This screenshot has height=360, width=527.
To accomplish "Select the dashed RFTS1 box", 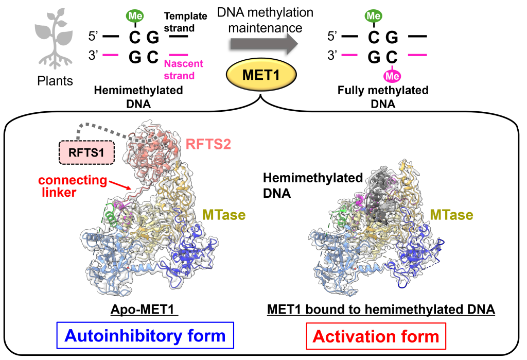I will pos(84,153).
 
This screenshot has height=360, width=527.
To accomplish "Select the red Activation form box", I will pos(376,337).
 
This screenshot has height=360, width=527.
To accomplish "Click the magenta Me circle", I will pos(392,76).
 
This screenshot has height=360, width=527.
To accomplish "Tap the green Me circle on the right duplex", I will pos(372,15).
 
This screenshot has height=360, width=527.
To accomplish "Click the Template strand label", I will pos(185,21).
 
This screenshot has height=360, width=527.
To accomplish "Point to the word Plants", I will pos(55,81).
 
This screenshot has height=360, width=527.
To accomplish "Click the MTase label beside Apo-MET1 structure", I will pos(223,213).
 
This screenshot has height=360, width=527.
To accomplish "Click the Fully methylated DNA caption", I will pos(383,97).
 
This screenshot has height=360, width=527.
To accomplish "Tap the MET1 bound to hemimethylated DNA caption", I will pos(381,310).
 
